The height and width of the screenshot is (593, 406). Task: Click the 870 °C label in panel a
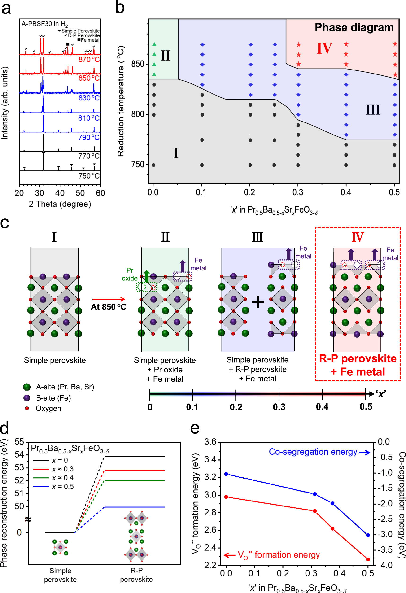pos(89,59)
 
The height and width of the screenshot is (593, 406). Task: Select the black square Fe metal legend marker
pos(68,44)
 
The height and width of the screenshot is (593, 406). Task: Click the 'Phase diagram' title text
pos(354,27)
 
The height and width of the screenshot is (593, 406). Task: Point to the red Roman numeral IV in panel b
pos(324,48)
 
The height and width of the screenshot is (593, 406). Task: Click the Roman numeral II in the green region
pos(165,55)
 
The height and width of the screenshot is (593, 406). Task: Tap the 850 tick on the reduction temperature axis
pos(138,64)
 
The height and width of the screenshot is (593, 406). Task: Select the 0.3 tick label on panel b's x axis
pos(297,192)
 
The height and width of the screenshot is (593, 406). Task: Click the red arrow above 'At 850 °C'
pos(109,299)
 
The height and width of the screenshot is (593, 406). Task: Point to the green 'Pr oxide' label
pos(130,274)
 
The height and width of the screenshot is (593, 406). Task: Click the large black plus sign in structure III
pos(258,302)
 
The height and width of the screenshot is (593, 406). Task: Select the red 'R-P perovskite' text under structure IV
pos(358,358)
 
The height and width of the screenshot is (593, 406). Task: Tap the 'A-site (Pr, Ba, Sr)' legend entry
pos(65,387)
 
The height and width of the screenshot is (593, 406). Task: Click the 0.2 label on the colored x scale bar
pos(236,407)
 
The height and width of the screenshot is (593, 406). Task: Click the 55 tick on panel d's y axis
pos(19,442)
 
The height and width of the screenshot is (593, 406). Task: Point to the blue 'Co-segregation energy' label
pos(313,452)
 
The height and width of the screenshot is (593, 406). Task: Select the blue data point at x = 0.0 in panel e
pos(226,474)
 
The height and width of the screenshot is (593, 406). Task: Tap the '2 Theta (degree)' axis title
pos(60,204)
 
